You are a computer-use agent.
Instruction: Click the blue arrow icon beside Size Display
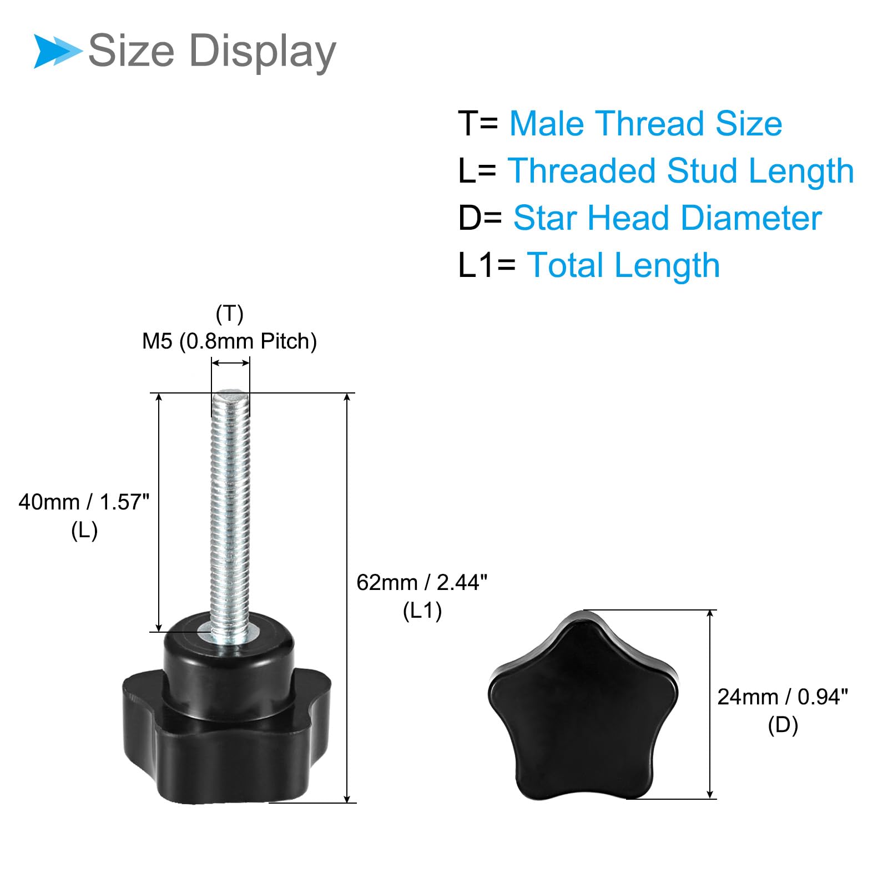click(58, 51)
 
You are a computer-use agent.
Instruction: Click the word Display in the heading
click(263, 52)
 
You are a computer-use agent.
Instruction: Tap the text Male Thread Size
click(645, 123)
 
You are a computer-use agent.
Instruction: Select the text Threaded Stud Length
click(680, 170)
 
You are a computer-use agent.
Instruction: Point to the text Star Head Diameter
click(667, 218)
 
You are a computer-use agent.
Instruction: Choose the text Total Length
click(623, 265)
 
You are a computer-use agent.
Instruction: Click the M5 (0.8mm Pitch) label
click(229, 341)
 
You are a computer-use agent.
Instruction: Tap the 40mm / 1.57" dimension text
click(84, 502)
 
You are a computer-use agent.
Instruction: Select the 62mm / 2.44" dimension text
click(422, 582)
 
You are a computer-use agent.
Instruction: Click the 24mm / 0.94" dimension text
click(783, 697)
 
